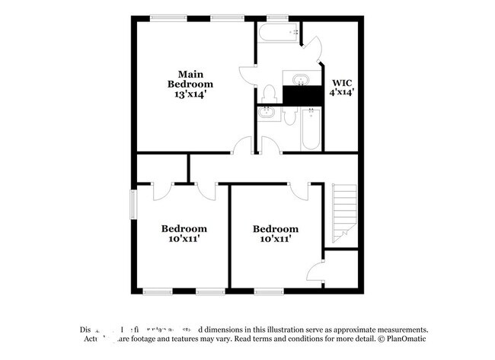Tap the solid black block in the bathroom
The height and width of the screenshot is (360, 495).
pyautogui.click(x=301, y=96)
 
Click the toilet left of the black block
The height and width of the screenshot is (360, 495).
pyautogui.click(x=268, y=94)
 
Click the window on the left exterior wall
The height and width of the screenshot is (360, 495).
pyautogui.click(x=133, y=204)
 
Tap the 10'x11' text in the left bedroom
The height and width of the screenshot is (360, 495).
pyautogui.click(x=183, y=239)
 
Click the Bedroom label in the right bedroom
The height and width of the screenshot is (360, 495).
pyautogui.click(x=276, y=228)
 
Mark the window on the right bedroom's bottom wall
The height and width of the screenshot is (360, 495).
pyautogui.click(x=268, y=290)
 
